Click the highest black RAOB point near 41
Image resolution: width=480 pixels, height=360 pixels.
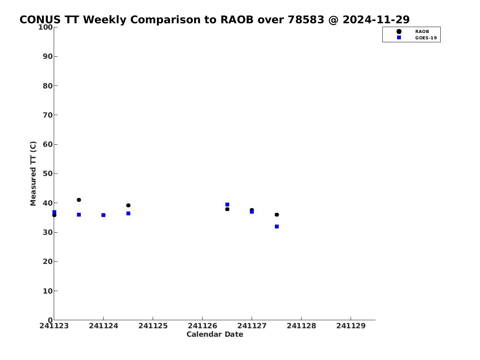[79, 200]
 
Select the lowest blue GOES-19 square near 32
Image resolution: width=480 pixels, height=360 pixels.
[277, 226]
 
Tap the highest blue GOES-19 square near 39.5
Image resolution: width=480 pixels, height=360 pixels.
[227, 204]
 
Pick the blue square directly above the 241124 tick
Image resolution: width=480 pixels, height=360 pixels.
[104, 215]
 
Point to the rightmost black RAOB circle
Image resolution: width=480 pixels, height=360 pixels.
[277, 214]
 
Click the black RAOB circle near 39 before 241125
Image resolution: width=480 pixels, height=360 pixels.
[128, 206]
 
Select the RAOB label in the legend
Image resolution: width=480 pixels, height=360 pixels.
[422, 32]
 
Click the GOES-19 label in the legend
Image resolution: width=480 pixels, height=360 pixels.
[426, 38]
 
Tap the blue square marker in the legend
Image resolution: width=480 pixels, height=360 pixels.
[399, 37]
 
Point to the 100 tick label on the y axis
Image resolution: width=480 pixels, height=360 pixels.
[45, 27]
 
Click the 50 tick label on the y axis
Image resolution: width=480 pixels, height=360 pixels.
[48, 173]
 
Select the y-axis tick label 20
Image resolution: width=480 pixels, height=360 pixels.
[48, 261]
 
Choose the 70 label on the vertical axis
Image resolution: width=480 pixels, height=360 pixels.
[48, 115]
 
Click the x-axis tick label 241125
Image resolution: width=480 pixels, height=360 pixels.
[153, 326]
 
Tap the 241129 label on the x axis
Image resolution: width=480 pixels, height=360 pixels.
[351, 326]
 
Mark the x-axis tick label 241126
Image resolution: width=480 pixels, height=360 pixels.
[202, 326]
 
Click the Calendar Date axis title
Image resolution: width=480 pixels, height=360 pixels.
[215, 334]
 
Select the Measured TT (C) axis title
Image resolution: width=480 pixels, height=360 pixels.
[33, 173]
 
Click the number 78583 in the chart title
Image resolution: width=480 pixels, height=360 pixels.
[306, 19]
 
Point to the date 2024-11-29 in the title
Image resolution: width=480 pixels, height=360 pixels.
[376, 19]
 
